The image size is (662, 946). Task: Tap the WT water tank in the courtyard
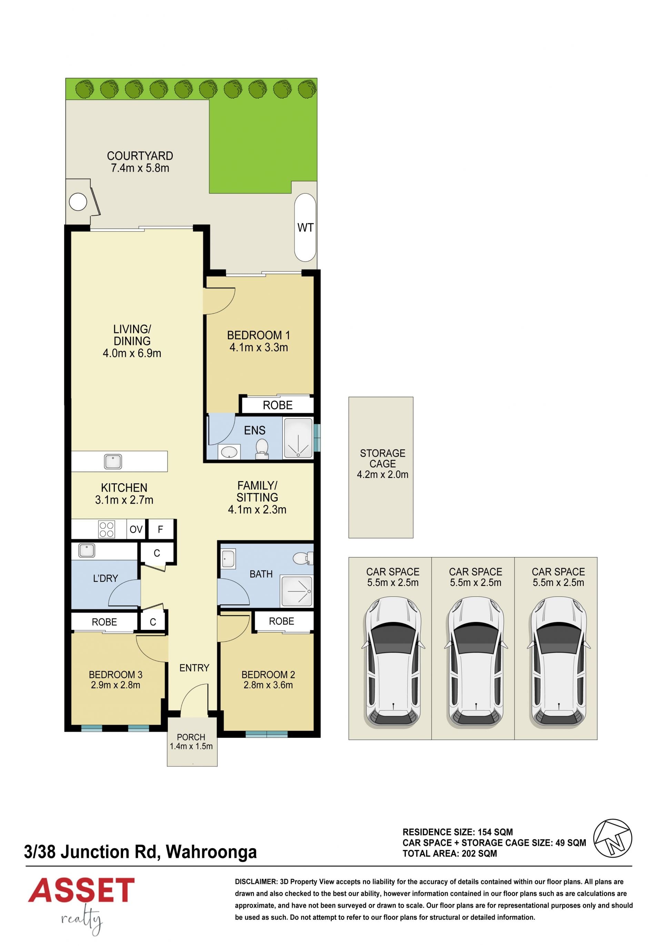tap(305, 227)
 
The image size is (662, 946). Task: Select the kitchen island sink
tap(112, 461)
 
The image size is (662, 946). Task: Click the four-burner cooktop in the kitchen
tap(107, 529)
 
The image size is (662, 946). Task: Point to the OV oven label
tap(136, 529)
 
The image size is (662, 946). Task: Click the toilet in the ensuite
tap(262, 449)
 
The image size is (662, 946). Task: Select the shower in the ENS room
tap(298, 438)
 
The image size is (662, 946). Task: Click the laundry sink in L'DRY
tap(87, 550)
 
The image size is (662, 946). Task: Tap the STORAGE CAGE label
tap(382, 458)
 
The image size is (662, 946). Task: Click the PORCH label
tap(191, 737)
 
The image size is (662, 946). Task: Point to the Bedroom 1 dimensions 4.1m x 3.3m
tap(259, 347)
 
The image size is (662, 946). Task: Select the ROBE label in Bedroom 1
tap(278, 405)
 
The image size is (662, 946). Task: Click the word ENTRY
tap(194, 668)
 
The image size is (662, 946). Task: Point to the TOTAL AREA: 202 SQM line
tap(450, 853)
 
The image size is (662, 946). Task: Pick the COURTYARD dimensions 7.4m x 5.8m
tap(140, 168)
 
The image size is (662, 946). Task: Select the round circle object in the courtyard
tap(78, 202)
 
